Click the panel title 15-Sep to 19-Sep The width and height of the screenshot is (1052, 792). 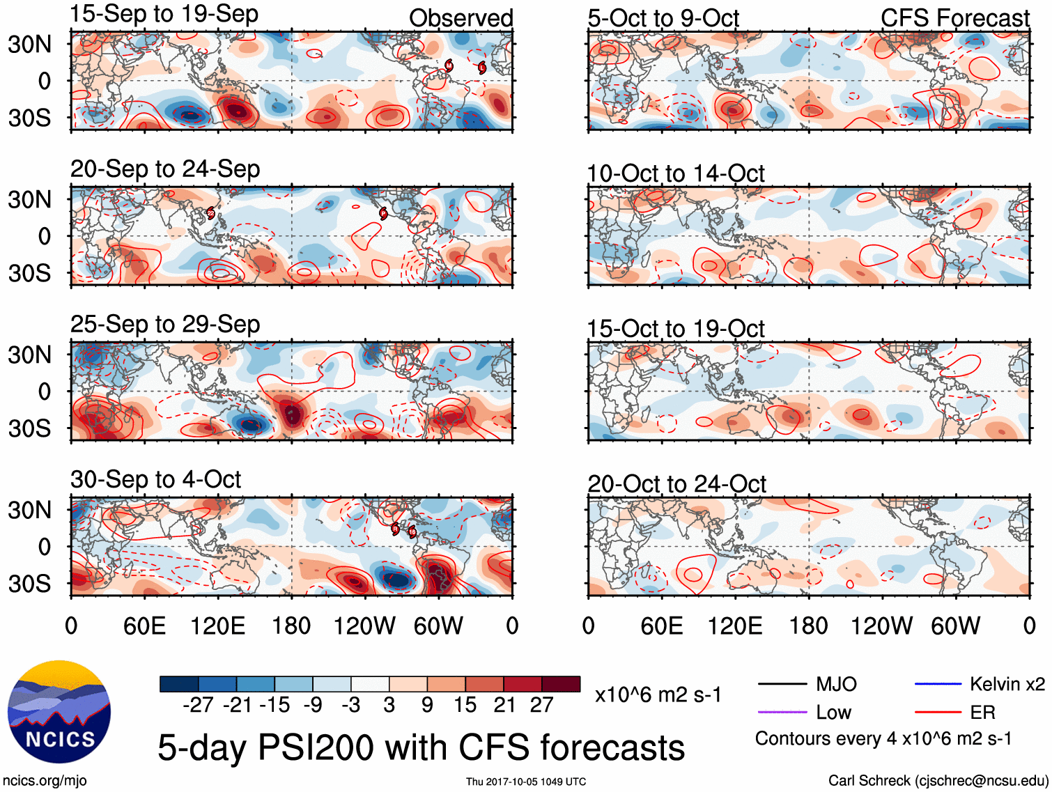coord(164,14)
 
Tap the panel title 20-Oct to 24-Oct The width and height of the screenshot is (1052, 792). coord(676,483)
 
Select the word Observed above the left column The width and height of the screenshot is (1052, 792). coord(461,18)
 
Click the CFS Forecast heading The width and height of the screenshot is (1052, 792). coord(954,18)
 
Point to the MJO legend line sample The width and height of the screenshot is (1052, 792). coord(782,684)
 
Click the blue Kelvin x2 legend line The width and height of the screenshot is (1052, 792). coord(938,684)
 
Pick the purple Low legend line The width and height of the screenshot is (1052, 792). coord(782,712)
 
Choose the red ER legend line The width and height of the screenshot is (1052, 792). coord(938,712)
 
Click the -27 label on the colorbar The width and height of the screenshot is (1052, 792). coord(198,705)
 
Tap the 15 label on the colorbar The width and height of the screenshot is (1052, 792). coord(465,705)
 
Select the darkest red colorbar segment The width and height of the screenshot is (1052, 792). coord(561,684)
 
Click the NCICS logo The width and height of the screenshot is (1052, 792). coord(59,711)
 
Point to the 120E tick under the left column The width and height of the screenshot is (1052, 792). coord(218,626)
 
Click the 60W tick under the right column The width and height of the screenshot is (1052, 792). coord(955,626)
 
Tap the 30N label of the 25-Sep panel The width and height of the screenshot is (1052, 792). coord(30,355)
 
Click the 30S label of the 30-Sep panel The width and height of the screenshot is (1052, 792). coord(30,584)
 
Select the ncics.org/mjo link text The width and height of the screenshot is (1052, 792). coord(45,781)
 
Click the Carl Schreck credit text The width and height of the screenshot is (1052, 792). coord(938,781)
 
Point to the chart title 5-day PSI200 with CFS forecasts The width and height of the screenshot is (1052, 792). coord(421,747)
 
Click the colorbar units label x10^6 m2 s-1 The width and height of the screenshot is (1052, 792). coord(658,695)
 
